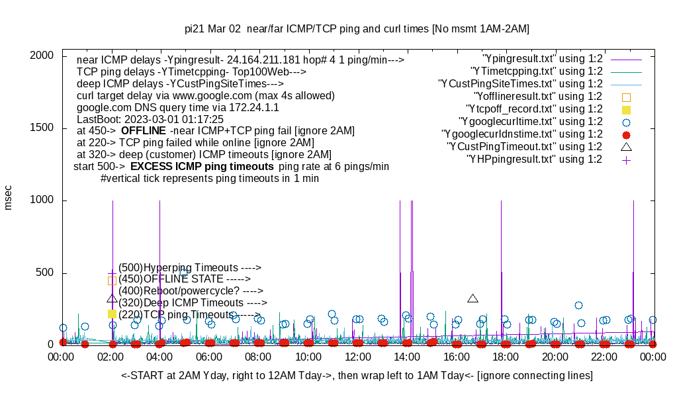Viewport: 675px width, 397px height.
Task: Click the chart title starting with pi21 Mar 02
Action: (x=357, y=29)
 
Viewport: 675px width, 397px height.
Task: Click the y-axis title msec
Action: (x=9, y=197)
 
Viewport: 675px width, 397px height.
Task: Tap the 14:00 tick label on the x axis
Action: (x=407, y=357)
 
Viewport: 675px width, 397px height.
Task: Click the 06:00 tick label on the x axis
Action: (x=210, y=357)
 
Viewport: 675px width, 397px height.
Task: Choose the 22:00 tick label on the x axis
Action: (x=604, y=357)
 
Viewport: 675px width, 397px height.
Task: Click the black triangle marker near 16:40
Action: (x=472, y=298)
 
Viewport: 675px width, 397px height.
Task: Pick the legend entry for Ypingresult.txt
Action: (x=543, y=59)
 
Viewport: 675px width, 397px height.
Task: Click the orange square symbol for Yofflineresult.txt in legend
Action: (x=627, y=97)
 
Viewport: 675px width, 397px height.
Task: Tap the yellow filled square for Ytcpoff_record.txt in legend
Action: (x=627, y=109)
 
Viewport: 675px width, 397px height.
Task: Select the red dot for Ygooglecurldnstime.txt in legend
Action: (x=627, y=134)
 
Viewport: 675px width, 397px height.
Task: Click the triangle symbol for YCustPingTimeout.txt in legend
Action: (x=627, y=147)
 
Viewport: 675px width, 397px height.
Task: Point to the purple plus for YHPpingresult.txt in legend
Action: (x=627, y=159)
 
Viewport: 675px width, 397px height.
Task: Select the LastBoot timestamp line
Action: (x=146, y=119)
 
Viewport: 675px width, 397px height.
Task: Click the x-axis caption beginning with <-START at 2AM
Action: (x=357, y=376)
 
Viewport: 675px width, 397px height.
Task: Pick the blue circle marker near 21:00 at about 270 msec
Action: (x=578, y=305)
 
